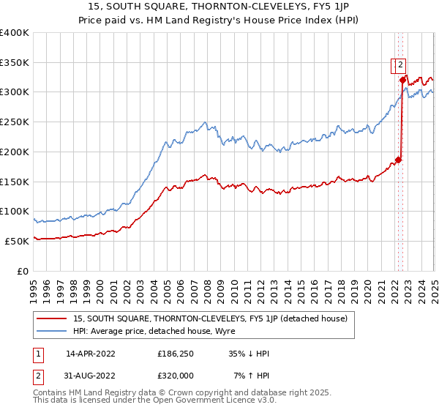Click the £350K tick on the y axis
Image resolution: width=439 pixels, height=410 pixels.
15,62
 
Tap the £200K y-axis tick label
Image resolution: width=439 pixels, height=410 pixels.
15,152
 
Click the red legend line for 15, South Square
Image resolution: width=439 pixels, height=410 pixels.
50,318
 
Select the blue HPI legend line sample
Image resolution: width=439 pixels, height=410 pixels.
50,331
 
